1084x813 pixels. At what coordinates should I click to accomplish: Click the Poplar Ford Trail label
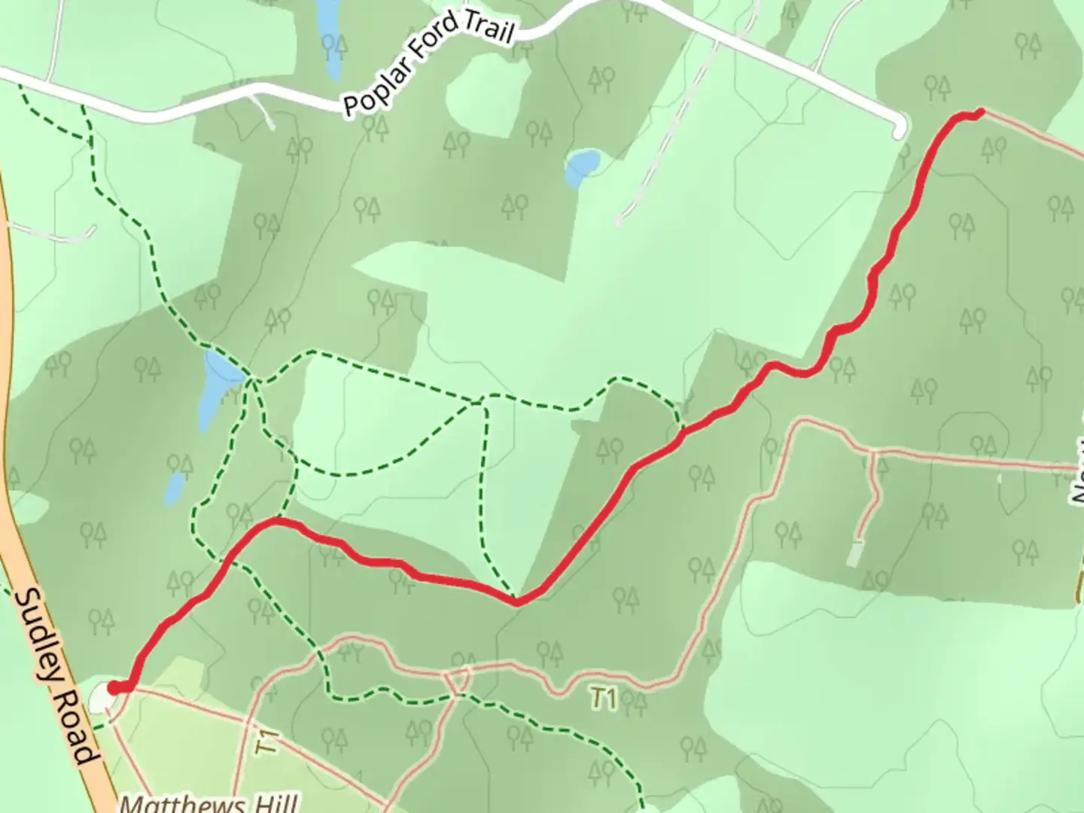point(428,65)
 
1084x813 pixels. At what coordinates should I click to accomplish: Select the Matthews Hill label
point(209,803)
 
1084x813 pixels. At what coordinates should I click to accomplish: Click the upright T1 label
point(602,699)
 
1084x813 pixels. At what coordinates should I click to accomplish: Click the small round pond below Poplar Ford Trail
point(583,166)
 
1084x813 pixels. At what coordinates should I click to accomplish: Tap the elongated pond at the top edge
point(329,38)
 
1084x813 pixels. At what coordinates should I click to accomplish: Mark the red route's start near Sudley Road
point(114,687)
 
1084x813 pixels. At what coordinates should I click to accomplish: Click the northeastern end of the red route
point(979,113)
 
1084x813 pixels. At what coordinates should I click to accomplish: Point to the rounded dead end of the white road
point(900,130)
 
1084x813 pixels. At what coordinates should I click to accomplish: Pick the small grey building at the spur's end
point(854,553)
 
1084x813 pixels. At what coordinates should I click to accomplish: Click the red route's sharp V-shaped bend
point(517,601)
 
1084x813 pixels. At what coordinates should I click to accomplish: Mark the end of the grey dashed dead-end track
point(618,222)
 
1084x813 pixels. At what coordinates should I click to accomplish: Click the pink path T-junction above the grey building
point(872,453)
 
